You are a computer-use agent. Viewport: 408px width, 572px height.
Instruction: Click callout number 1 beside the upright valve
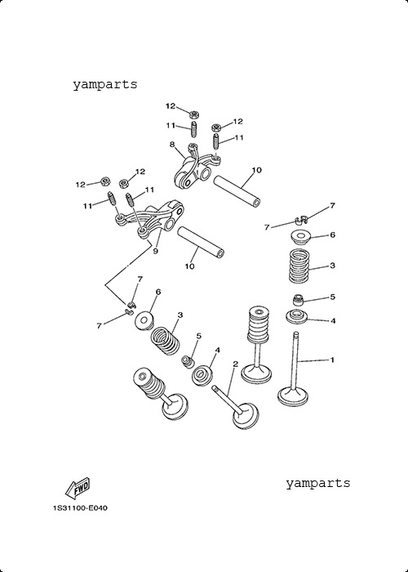[332, 360]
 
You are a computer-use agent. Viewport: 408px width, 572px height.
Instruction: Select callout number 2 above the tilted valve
[235, 364]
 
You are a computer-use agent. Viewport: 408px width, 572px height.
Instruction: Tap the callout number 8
[172, 144]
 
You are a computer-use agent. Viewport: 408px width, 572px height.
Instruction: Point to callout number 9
[156, 252]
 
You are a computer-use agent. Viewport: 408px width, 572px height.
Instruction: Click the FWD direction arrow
[78, 489]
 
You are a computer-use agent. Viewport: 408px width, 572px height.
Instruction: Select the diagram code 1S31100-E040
[80, 507]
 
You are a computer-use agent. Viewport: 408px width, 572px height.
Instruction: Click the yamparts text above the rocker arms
[105, 85]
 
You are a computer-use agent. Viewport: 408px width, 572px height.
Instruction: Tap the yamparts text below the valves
[318, 483]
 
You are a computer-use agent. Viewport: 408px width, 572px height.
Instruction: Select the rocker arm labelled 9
[149, 220]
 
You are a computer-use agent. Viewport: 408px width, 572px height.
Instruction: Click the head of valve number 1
[293, 397]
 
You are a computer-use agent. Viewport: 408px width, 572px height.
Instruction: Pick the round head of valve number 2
[246, 416]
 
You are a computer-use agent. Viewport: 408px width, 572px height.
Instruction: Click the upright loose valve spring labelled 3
[299, 266]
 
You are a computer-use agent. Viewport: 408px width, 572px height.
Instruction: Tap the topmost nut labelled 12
[194, 114]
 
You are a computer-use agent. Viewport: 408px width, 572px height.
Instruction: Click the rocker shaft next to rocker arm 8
[237, 191]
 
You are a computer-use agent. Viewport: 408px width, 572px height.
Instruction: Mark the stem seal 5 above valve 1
[299, 300]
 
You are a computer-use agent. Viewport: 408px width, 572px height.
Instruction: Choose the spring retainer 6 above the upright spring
[300, 238]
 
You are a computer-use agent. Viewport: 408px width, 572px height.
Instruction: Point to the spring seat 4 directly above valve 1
[296, 316]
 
